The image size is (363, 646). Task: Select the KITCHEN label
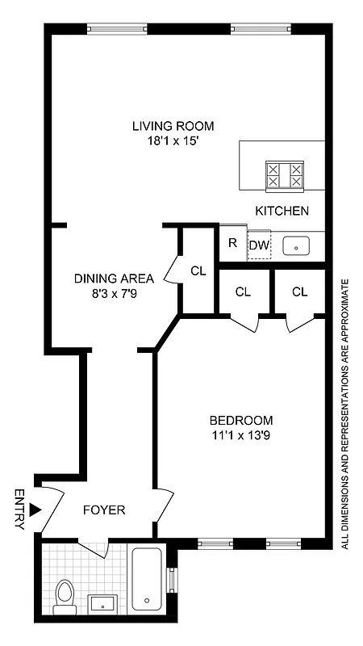(x=282, y=211)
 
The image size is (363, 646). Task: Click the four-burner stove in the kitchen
(x=286, y=175)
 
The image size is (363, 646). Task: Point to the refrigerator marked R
(x=232, y=242)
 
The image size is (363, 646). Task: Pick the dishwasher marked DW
(x=258, y=245)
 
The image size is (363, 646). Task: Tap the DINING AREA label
(x=114, y=279)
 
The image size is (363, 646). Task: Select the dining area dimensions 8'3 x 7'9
(x=114, y=293)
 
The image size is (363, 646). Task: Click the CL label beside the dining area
(x=198, y=271)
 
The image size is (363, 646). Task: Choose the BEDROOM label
(x=241, y=421)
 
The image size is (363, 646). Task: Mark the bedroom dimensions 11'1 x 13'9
(x=241, y=435)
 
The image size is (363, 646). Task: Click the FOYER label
(x=104, y=510)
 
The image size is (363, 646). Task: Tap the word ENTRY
(x=19, y=510)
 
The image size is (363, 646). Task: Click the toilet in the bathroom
(x=63, y=595)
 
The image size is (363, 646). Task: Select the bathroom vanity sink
(x=102, y=602)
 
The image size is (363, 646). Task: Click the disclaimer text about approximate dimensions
(x=344, y=414)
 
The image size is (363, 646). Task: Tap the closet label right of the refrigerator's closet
(x=300, y=292)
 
